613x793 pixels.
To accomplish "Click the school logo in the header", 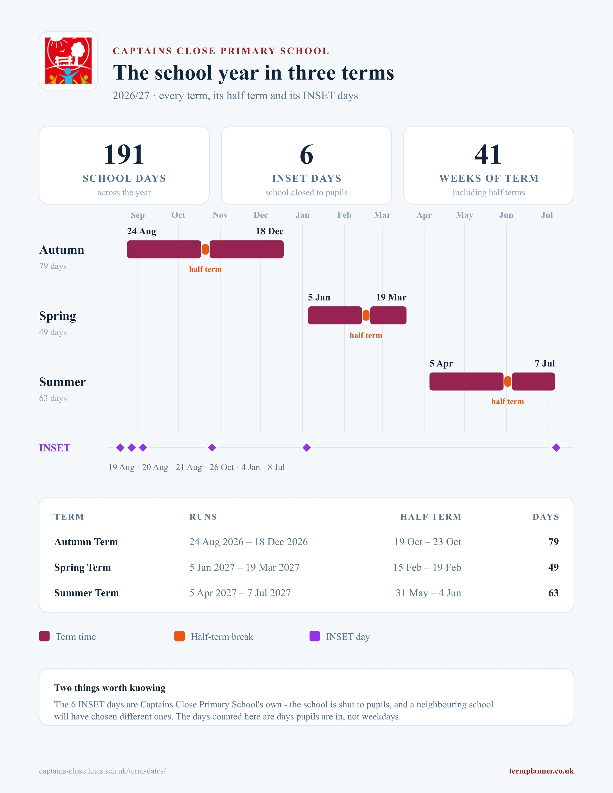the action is click(x=68, y=61).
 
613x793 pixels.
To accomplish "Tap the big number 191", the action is click(x=124, y=154).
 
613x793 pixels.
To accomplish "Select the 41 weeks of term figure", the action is click(x=488, y=154).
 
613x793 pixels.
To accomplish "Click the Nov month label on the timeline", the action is click(x=220, y=215).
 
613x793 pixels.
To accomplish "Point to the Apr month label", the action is click(x=424, y=215).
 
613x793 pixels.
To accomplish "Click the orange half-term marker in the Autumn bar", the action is click(x=205, y=250).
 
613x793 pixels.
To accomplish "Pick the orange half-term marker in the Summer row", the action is click(x=508, y=382).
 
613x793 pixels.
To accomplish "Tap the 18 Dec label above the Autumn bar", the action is click(x=270, y=231).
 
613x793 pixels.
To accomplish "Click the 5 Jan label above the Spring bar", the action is click(x=319, y=297).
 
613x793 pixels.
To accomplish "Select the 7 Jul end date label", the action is click(x=545, y=364).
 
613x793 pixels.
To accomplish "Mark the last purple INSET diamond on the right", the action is click(x=556, y=448).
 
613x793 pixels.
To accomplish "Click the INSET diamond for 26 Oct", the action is click(x=212, y=448).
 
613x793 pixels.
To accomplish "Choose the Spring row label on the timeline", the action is click(x=58, y=316).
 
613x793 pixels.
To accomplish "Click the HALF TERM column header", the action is click(x=431, y=517).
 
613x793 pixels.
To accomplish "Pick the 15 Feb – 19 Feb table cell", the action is click(x=427, y=567).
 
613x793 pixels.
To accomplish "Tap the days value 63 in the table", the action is click(x=554, y=593).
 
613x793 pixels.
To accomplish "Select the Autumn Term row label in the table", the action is click(x=86, y=542).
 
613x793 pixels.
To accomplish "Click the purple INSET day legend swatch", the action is click(x=314, y=636).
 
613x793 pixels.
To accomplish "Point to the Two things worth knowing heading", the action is click(x=110, y=688).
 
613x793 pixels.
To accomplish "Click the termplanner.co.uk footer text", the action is click(x=541, y=771).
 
